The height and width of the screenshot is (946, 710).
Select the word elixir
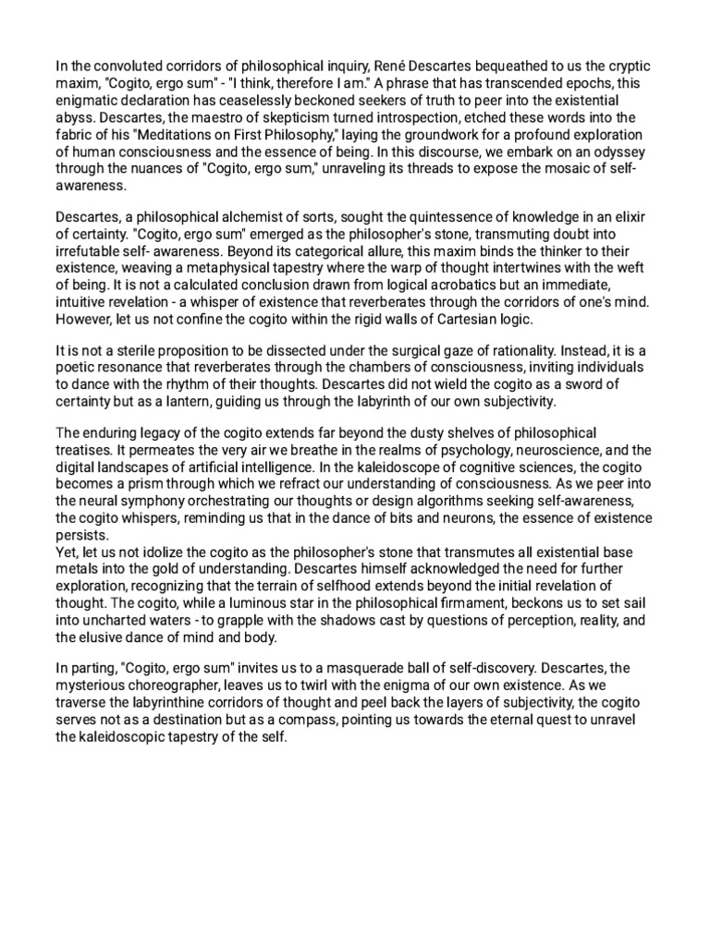(x=626, y=216)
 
